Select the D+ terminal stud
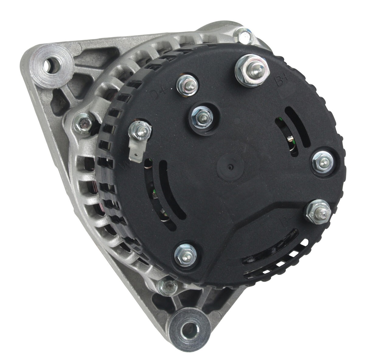(x=187, y=85)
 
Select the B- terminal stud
(x=318, y=211)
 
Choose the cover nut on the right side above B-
(x=323, y=162)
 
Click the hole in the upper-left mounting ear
(x=47, y=65)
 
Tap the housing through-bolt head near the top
(x=244, y=35)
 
